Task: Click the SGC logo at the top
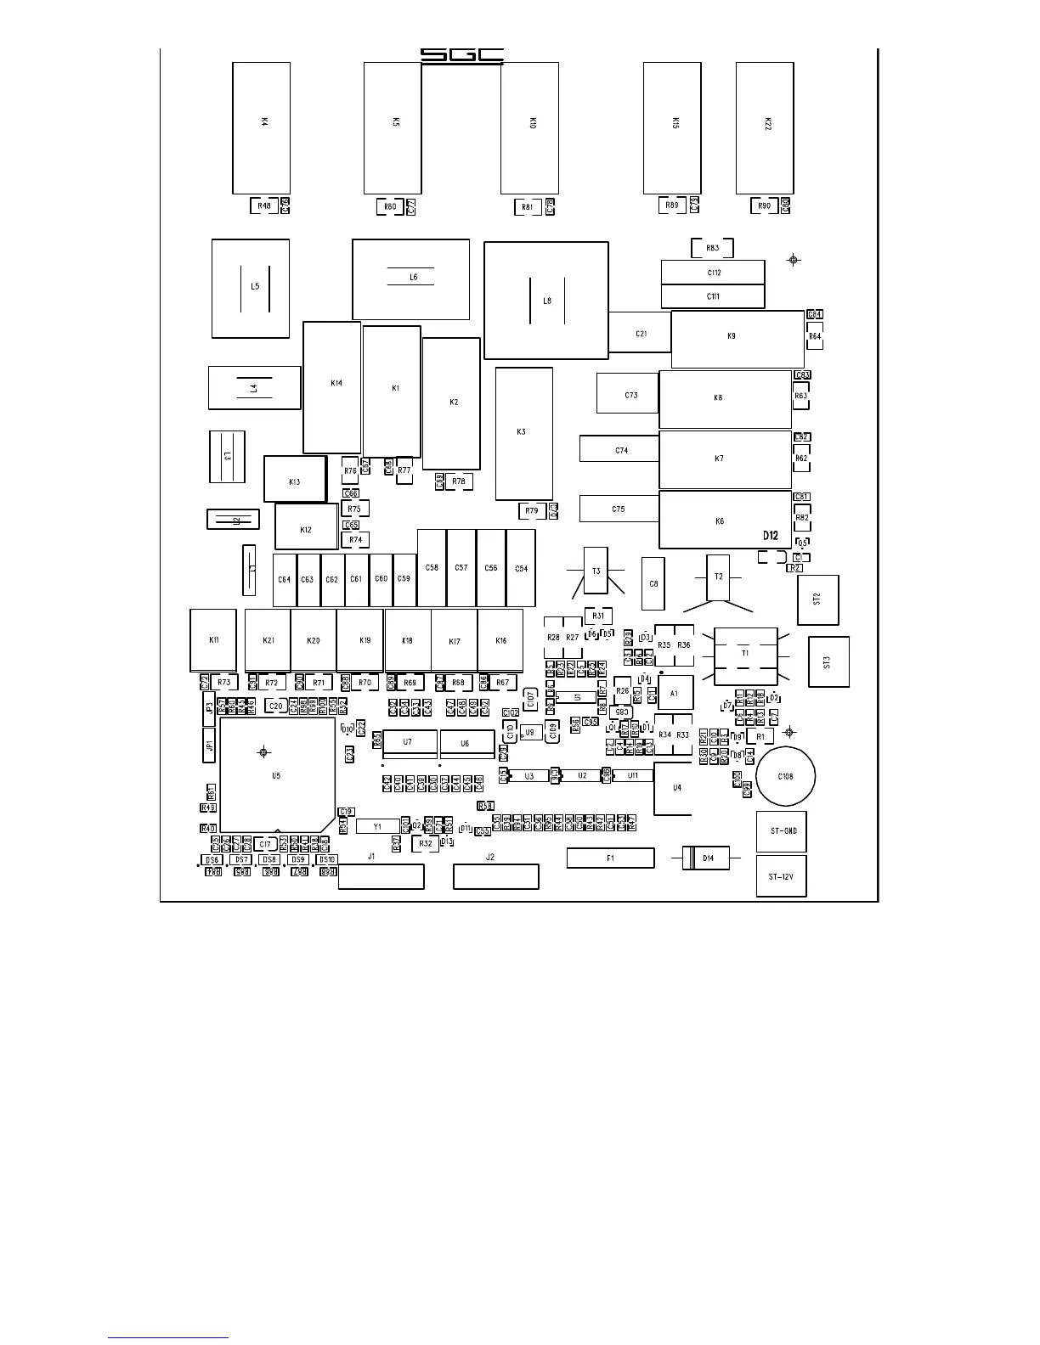[x=462, y=56]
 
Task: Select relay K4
[x=262, y=127]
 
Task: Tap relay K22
[x=765, y=127]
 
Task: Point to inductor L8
[x=546, y=301]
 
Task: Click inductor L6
[x=411, y=279]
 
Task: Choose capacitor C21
[x=641, y=334]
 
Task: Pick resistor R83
[x=712, y=248]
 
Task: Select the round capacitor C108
[x=786, y=776]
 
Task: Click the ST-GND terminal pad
[x=781, y=832]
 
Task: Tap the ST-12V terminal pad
[x=781, y=876]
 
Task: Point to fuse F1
[x=610, y=858]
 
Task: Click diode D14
[x=707, y=858]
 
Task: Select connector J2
[x=495, y=876]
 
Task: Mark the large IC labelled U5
[x=276, y=774]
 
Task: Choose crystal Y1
[x=378, y=826]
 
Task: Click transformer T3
[x=596, y=571]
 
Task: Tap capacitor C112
[x=713, y=273]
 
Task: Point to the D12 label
[x=770, y=536]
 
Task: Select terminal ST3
[x=828, y=661]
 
